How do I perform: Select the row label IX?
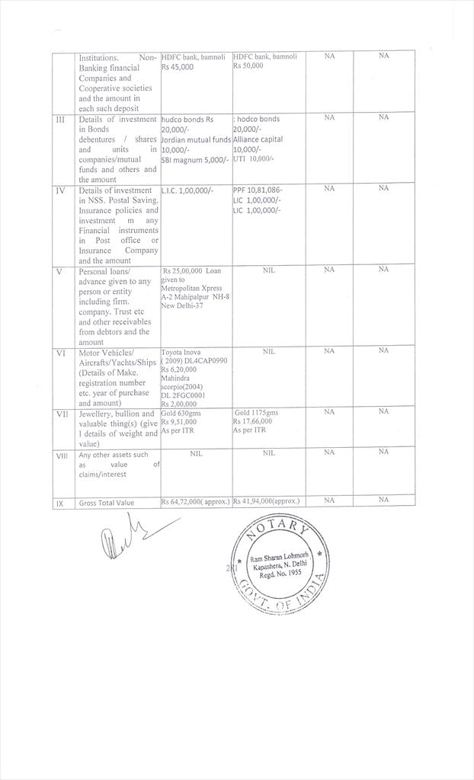(60, 503)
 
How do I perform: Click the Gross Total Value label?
(106, 503)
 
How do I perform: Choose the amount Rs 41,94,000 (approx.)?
(266, 502)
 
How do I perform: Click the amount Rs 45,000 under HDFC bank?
(178, 67)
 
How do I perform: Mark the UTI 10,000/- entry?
(254, 158)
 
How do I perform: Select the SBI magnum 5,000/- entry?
(194, 159)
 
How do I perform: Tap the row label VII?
(62, 412)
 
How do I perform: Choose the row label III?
(61, 118)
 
